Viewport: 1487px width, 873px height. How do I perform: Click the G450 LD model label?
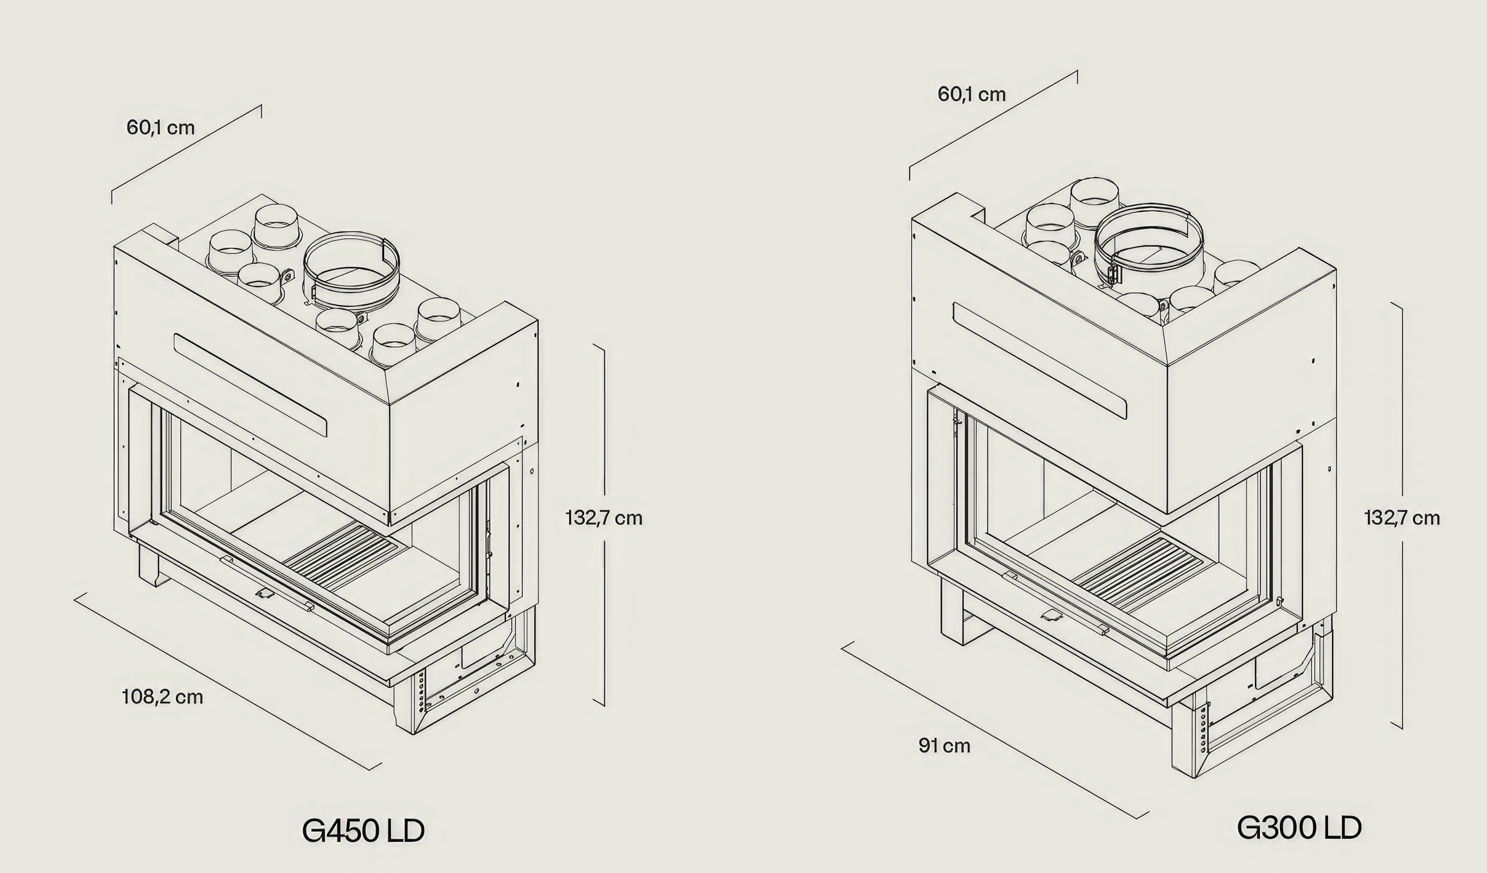[x=363, y=830]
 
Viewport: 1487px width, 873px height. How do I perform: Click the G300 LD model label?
[x=1299, y=828]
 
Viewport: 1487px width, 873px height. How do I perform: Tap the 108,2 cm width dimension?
[x=162, y=697]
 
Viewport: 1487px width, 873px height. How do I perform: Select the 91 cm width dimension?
[x=944, y=746]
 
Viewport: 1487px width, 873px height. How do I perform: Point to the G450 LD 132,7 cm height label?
[x=604, y=518]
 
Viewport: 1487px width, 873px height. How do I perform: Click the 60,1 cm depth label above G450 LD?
[x=161, y=127]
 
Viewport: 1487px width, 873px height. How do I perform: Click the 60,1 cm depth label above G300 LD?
[x=971, y=94]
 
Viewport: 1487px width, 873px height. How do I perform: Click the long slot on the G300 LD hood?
[x=1040, y=360]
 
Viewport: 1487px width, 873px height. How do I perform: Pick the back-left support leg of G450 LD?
[x=150, y=565]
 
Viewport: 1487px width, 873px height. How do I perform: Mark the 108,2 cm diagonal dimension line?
[x=228, y=681]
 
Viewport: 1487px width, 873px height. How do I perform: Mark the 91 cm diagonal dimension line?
[x=995, y=731]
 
